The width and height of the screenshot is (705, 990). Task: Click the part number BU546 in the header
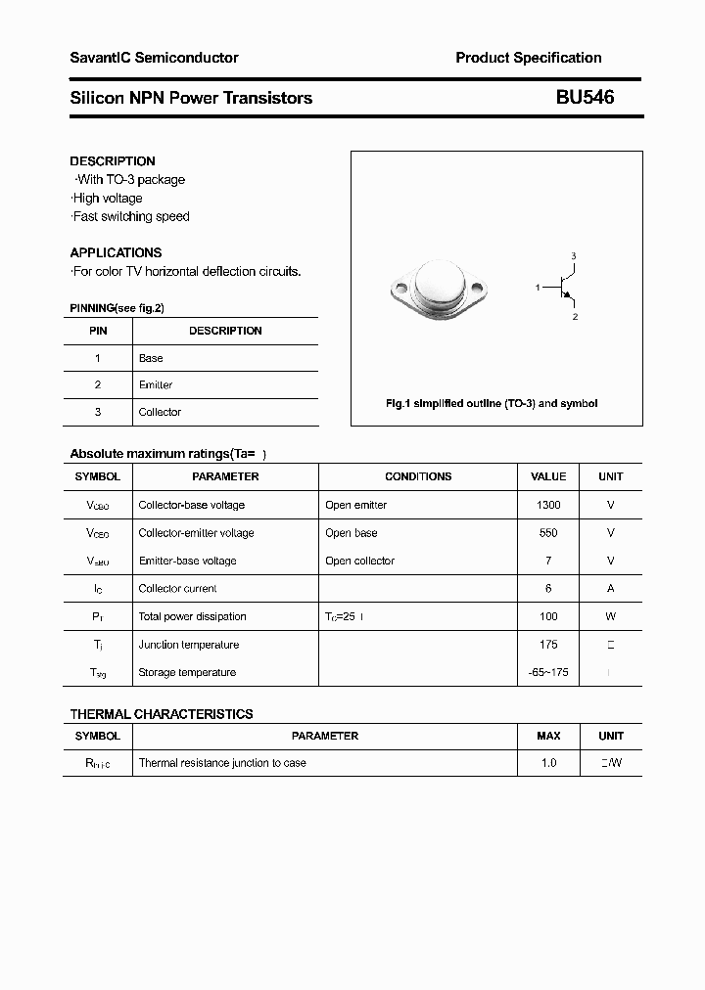pyautogui.click(x=585, y=98)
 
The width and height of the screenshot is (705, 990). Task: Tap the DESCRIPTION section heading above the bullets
pyautogui.click(x=113, y=161)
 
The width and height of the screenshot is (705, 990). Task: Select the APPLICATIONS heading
pyautogui.click(x=116, y=252)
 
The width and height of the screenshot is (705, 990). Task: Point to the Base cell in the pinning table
pyautogui.click(x=151, y=358)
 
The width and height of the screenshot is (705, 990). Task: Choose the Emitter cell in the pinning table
pyautogui.click(x=156, y=385)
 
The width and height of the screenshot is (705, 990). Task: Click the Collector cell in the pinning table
pyautogui.click(x=160, y=412)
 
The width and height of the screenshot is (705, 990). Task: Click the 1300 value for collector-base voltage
pyautogui.click(x=548, y=505)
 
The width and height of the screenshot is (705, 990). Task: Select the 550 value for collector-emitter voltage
pyautogui.click(x=548, y=533)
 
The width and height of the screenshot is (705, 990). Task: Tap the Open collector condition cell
pyautogui.click(x=359, y=561)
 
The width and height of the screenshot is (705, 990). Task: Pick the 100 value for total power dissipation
pyautogui.click(x=548, y=616)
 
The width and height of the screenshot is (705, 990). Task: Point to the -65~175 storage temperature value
pyautogui.click(x=548, y=672)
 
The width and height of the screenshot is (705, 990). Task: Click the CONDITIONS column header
pyautogui.click(x=418, y=476)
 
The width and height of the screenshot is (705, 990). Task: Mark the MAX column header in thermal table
pyautogui.click(x=548, y=736)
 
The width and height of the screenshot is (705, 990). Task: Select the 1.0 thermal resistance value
pyautogui.click(x=548, y=762)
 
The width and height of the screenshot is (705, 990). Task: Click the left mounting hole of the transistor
pyautogui.click(x=399, y=290)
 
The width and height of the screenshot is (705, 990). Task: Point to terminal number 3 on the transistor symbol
pyautogui.click(x=574, y=256)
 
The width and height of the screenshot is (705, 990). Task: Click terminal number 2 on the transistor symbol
pyautogui.click(x=575, y=317)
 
